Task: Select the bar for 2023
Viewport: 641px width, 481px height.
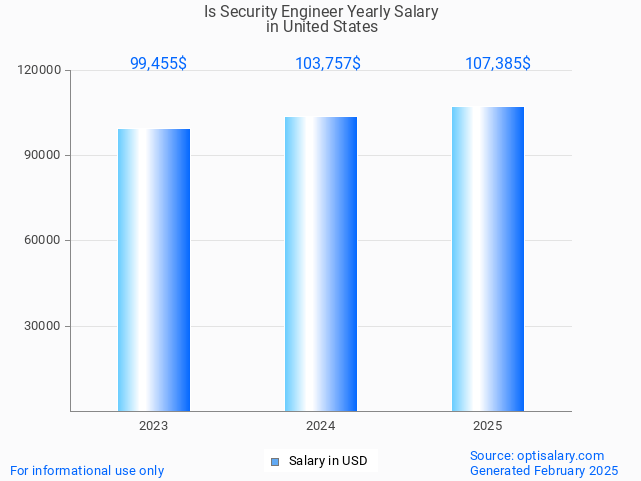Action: (x=154, y=270)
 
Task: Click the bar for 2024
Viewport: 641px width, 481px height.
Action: (x=321, y=264)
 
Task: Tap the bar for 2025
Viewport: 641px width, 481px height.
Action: (x=488, y=259)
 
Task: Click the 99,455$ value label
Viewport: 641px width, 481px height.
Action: (x=158, y=64)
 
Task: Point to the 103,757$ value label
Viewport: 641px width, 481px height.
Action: (x=328, y=64)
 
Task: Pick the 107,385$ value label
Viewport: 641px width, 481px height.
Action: (x=498, y=64)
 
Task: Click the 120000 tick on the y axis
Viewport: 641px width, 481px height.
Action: (x=40, y=71)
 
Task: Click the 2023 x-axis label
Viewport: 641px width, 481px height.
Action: (x=154, y=426)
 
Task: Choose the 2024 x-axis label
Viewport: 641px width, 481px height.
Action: (x=321, y=426)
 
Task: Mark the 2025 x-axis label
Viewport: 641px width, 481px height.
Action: (x=488, y=426)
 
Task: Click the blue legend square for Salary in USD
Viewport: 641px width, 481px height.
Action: (x=275, y=461)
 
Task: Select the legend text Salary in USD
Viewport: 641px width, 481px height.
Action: (x=328, y=461)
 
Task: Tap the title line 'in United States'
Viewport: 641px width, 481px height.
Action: (x=321, y=27)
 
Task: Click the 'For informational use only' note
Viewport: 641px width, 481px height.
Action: (x=87, y=470)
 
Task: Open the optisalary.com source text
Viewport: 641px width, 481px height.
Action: (x=537, y=455)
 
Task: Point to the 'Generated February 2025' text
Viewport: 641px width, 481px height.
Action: (x=544, y=470)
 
